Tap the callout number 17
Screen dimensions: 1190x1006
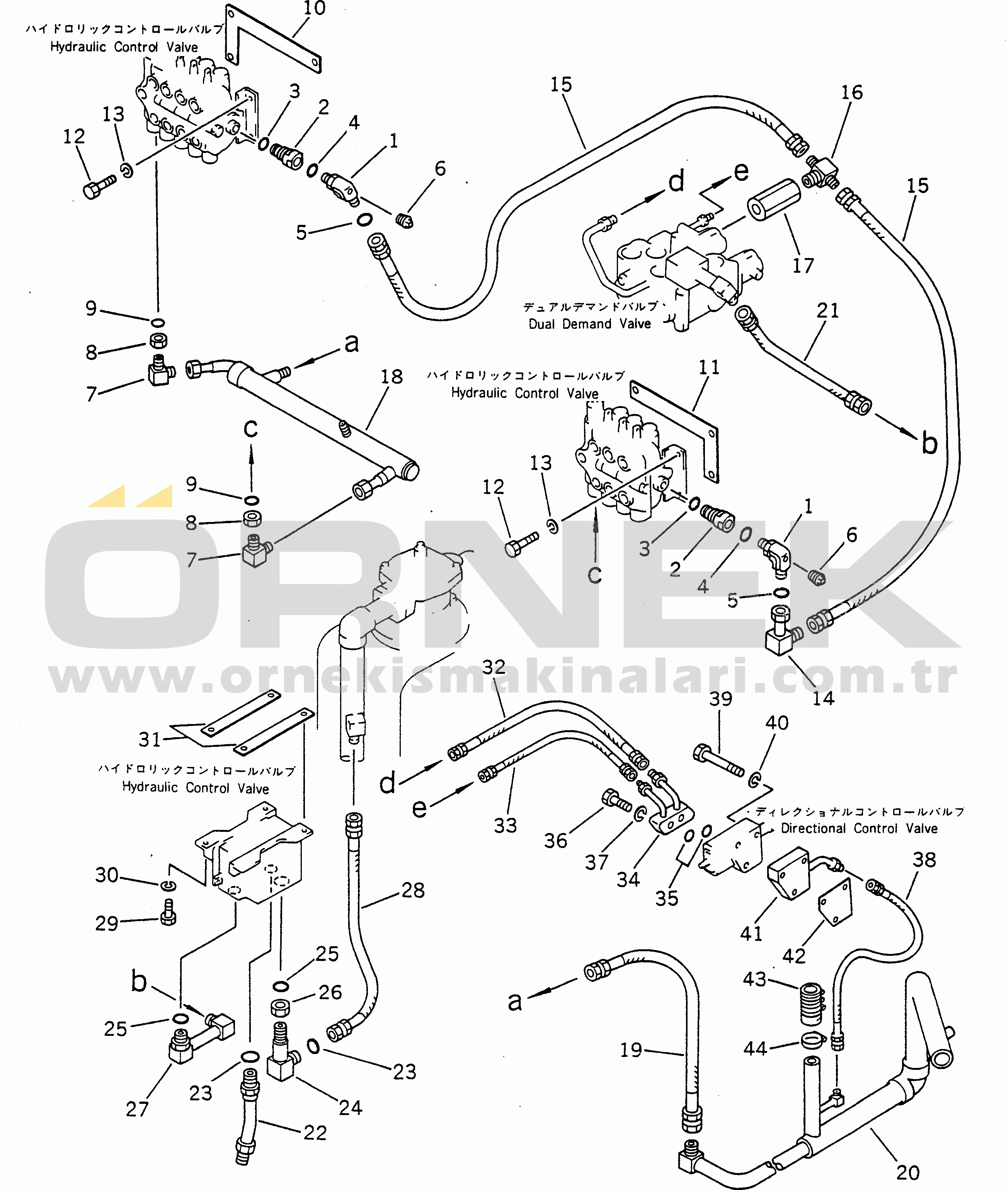(803, 265)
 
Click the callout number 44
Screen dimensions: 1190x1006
(755, 1048)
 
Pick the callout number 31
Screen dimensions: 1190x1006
(150, 739)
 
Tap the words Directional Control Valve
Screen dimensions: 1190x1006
(859, 828)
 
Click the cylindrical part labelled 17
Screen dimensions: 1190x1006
(773, 200)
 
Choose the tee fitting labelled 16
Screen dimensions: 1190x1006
(821, 172)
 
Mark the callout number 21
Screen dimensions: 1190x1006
(827, 311)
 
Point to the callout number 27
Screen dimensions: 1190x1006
(137, 1108)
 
